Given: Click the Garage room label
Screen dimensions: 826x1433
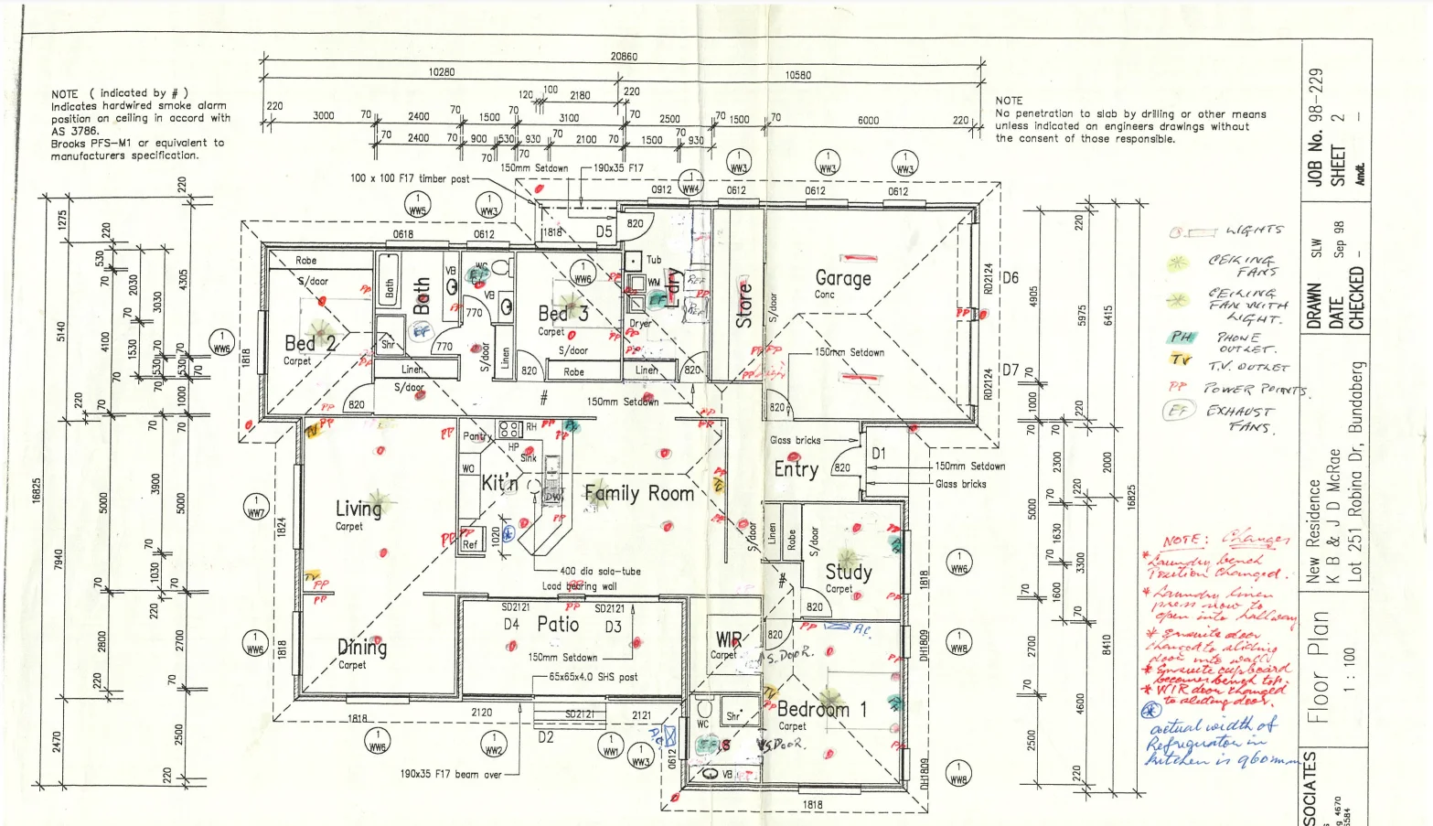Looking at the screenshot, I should point(842,278).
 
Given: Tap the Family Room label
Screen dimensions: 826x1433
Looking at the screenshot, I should point(638,494).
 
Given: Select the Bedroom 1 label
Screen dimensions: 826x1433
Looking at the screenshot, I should point(821,709).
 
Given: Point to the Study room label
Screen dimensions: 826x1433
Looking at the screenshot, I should point(848,572).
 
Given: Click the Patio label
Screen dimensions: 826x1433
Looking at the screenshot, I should point(558,625).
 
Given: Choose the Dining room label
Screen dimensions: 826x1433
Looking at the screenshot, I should point(362,648).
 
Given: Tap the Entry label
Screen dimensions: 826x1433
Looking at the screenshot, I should point(796,469).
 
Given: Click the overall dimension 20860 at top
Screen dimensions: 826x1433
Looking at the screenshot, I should point(624,57).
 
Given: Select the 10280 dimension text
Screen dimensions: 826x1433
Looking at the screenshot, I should point(441,72).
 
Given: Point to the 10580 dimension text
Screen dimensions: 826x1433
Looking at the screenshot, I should point(797,75).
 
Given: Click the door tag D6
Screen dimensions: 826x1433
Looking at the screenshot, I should point(1010,278).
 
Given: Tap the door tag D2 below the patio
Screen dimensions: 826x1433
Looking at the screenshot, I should point(545,737).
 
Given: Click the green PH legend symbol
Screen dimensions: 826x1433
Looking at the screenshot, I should point(1181,337).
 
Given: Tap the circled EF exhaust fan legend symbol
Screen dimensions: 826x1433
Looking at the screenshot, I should point(1178,412).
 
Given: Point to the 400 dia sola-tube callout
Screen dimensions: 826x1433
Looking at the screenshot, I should point(600,571).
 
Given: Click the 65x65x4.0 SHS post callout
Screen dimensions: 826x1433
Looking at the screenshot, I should point(594,677).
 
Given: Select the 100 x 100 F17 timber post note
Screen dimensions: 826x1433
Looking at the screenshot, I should point(409,178).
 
